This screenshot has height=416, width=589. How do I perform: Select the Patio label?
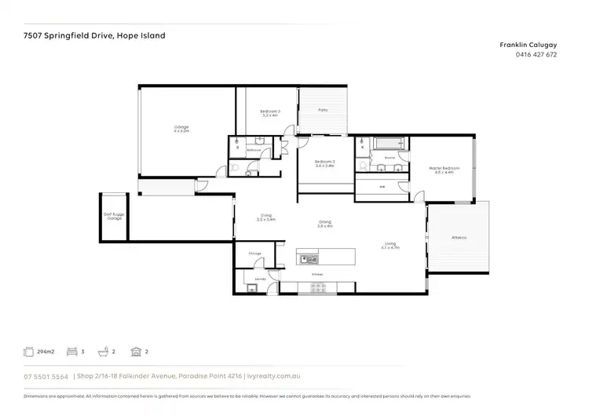pos(323,110)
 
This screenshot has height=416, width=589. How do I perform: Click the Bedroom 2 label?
pos(324,163)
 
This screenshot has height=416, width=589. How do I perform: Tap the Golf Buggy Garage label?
pos(114,214)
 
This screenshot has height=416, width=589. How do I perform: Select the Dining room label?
pos(325,224)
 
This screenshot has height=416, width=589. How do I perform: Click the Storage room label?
pos(254,254)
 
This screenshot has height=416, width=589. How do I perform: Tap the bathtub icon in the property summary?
pos(102,353)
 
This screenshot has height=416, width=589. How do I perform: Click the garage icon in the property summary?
pos(136,353)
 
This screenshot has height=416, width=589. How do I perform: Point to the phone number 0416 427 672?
pos(536,55)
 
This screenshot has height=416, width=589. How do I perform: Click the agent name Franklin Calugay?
pos(529,46)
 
